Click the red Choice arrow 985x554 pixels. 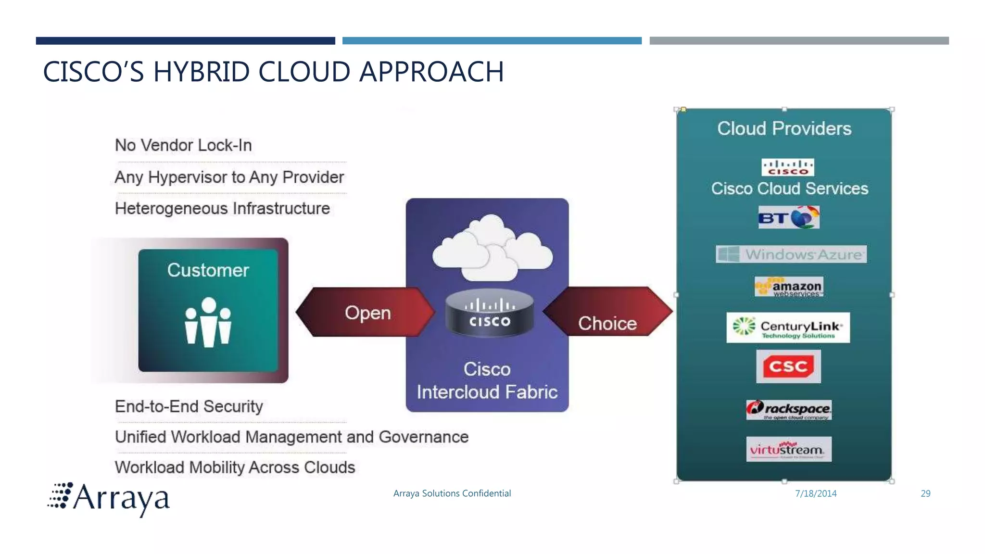[x=607, y=312]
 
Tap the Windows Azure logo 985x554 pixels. [x=791, y=254]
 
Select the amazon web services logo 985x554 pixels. [x=789, y=287]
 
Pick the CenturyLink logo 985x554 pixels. [x=788, y=327]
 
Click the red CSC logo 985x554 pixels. [x=788, y=366]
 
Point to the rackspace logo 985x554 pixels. [x=789, y=410]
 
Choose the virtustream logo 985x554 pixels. [x=789, y=449]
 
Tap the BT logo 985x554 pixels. [x=789, y=218]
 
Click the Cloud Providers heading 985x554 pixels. [x=784, y=128]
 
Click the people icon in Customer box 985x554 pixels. [x=208, y=322]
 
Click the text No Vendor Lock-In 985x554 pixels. [x=183, y=145]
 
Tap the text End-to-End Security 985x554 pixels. [x=189, y=406]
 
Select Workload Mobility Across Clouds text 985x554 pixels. [x=235, y=467]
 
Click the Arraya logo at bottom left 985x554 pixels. [x=109, y=498]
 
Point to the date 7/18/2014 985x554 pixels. [x=816, y=493]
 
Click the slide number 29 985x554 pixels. [x=925, y=493]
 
